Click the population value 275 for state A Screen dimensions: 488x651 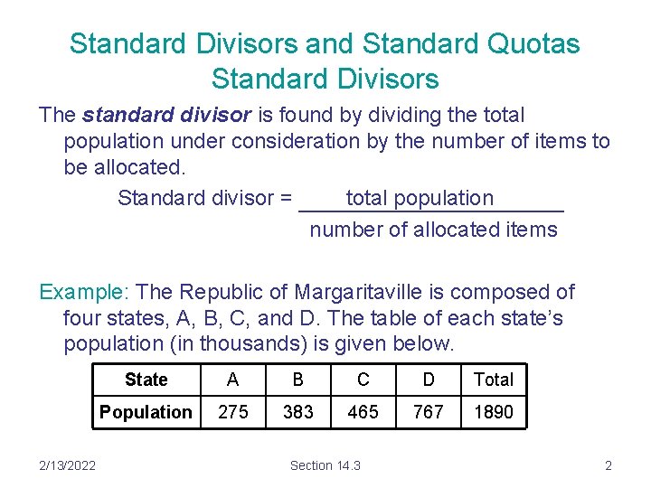pyautogui.click(x=233, y=412)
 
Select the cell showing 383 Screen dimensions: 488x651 pyautogui.click(x=298, y=412)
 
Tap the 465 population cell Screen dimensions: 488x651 pyautogui.click(x=363, y=412)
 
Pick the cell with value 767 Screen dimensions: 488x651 pyautogui.click(x=429, y=412)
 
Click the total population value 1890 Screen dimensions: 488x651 pyautogui.click(x=494, y=412)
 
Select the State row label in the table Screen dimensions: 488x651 pyautogui.click(x=146, y=380)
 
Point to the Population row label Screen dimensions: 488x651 pyautogui.click(x=146, y=412)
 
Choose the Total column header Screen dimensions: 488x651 pyautogui.click(x=494, y=380)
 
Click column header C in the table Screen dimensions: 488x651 pyautogui.click(x=363, y=380)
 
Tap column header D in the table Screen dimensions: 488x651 pyautogui.click(x=429, y=380)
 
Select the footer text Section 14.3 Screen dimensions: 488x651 pyautogui.click(x=325, y=465)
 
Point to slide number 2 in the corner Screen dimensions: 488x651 pyautogui.click(x=609, y=465)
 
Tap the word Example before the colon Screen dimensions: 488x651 pyautogui.click(x=83, y=292)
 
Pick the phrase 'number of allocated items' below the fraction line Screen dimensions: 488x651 pyautogui.click(x=434, y=230)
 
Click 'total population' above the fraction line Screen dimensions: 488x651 pyautogui.click(x=420, y=198)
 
